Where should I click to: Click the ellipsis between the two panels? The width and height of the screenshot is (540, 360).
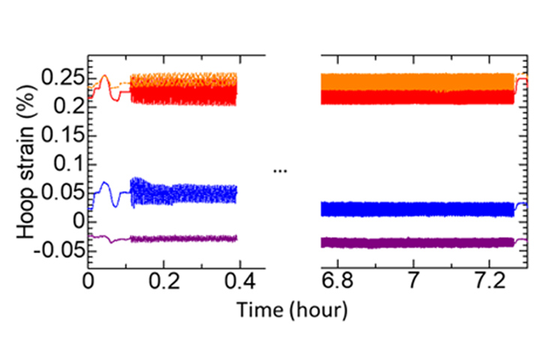pyautogui.click(x=280, y=171)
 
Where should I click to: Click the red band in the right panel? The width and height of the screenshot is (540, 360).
pyautogui.click(x=417, y=97)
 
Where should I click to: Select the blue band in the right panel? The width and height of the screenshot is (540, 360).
pyautogui.click(x=417, y=208)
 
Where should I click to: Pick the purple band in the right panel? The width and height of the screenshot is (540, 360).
pyautogui.click(x=417, y=241)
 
